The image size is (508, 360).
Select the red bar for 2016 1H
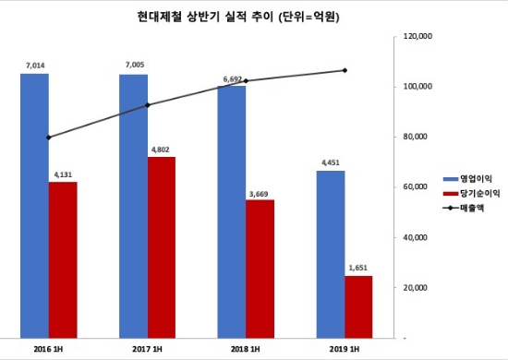coord(63,259)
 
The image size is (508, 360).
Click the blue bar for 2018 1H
coord(231,211)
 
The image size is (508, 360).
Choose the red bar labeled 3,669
coord(260,268)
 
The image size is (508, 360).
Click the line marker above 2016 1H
coord(48,138)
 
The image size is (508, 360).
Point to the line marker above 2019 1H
coord(345,70)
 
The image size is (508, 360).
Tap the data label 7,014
coord(34,66)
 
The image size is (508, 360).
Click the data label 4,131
coord(63,174)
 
